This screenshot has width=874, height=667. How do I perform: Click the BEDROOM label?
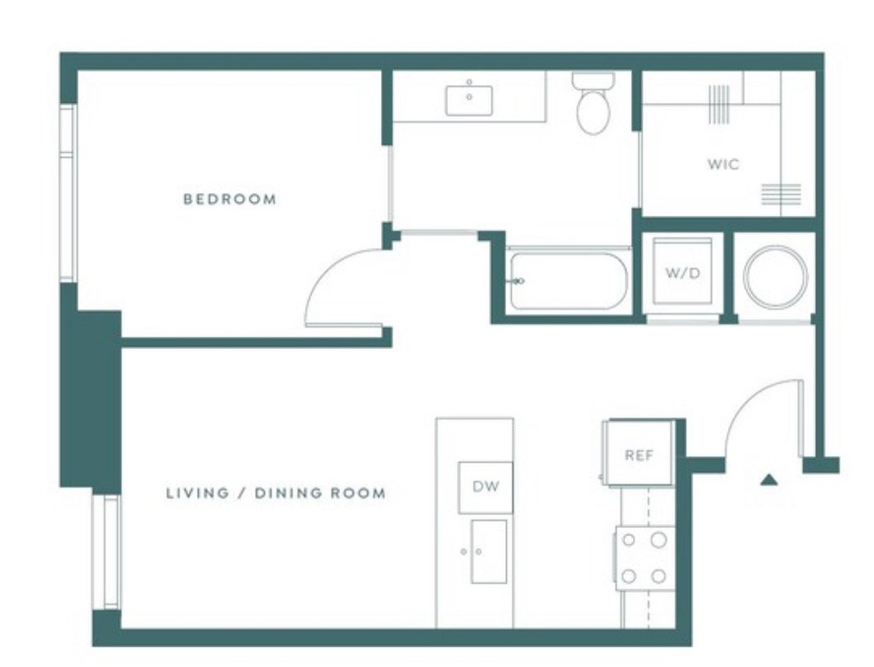230,199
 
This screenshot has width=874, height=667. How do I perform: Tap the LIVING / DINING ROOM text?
276,494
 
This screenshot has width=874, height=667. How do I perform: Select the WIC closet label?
724,164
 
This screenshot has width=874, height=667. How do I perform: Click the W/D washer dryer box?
683,274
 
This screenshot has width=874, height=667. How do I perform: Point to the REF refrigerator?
639,454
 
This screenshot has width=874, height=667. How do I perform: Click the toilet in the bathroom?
594,105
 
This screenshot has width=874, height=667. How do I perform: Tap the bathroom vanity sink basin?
469,100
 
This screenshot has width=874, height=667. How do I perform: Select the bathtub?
567,281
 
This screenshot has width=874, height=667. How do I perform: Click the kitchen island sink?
488,552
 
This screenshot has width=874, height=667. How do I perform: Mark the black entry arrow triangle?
768,480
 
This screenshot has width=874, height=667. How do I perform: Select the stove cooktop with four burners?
644,558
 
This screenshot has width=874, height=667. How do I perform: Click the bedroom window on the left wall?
68,193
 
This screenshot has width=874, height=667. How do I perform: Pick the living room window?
106,552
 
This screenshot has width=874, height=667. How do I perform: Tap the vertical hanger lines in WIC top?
718,104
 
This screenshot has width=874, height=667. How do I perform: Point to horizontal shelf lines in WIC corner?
781,195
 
